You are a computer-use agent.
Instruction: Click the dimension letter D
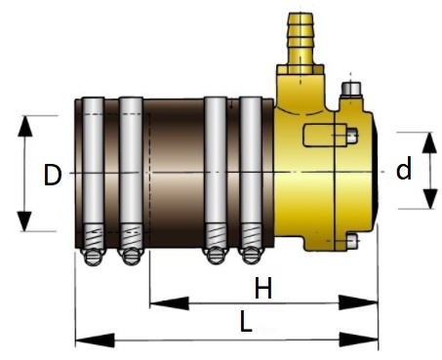click(x=53, y=175)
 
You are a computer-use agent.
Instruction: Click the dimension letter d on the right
click(x=404, y=168)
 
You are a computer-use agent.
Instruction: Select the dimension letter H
click(x=262, y=288)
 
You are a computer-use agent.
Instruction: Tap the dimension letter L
click(x=246, y=321)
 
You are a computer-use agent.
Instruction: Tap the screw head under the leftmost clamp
click(x=94, y=257)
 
